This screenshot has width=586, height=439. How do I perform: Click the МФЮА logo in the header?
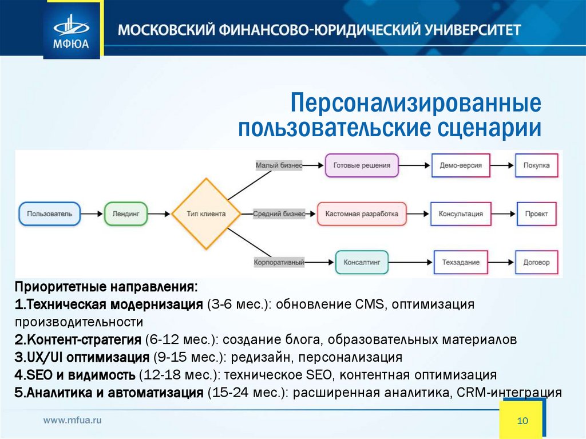72,30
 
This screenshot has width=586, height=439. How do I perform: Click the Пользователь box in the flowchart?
49,213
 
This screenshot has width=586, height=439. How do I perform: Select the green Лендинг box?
126,213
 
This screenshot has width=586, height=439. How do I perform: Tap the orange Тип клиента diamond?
206,213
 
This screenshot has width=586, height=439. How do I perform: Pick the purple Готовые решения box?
361,165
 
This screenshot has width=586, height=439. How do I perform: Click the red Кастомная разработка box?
362,213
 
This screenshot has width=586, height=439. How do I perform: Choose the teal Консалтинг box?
362,262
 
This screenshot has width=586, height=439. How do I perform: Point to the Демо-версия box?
461,165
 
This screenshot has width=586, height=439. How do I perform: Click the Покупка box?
536,165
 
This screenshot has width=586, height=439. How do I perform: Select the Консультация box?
461,213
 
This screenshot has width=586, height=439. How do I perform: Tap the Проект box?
536,213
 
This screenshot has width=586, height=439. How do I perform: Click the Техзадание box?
461,262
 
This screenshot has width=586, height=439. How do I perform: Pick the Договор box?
536,262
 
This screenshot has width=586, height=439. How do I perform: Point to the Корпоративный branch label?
279,263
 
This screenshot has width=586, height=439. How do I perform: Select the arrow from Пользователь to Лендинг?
92,213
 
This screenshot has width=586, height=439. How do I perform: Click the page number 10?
522,421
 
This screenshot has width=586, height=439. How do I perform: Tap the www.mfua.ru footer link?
73,420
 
